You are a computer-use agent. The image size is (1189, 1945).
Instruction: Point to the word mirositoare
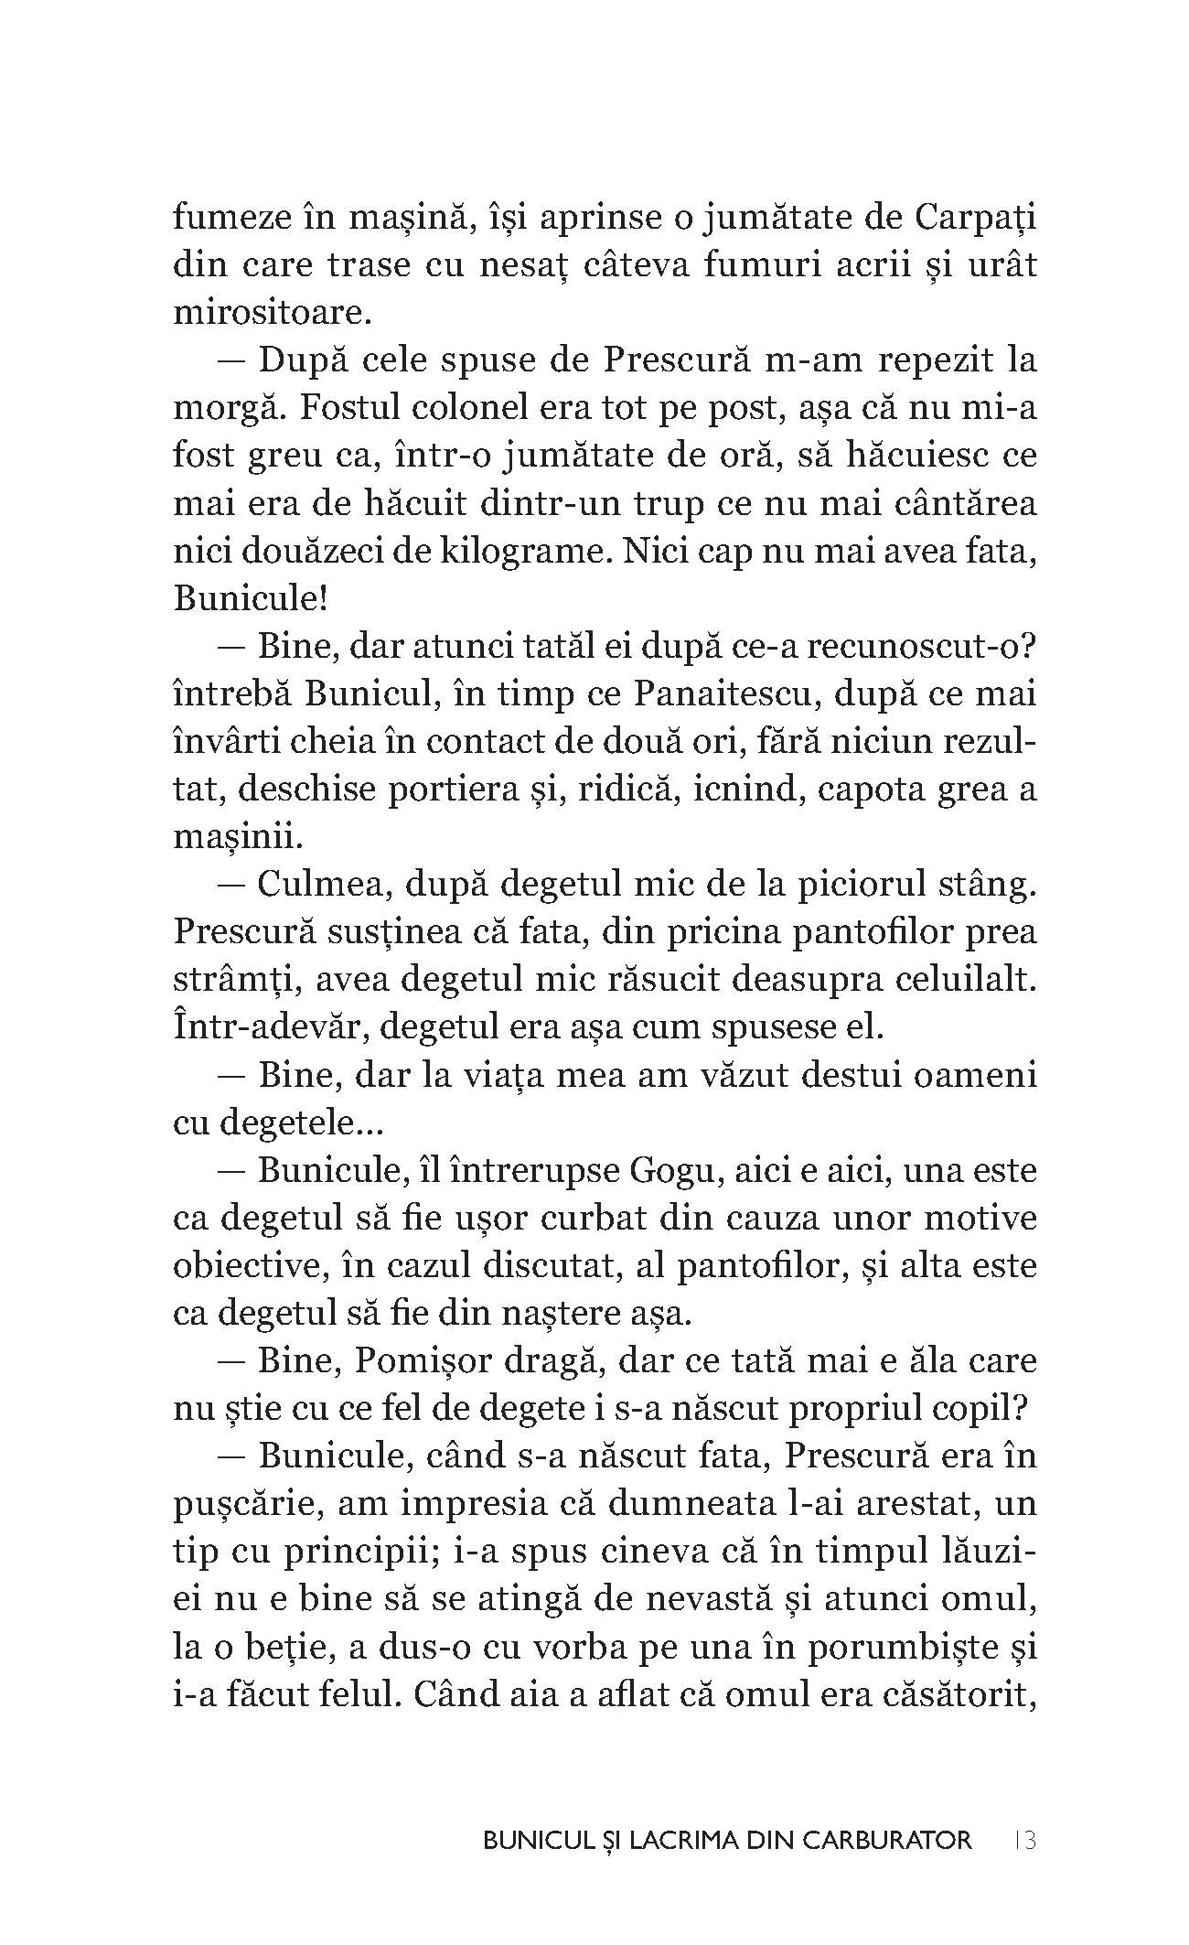tap(271, 313)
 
